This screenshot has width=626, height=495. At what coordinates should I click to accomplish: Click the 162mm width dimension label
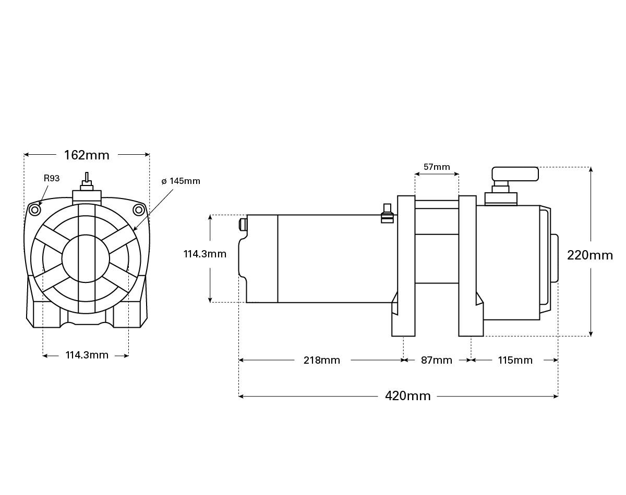[87, 155]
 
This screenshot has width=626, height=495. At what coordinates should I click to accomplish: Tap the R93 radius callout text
[52, 178]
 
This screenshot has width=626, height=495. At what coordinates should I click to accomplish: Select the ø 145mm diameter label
[180, 181]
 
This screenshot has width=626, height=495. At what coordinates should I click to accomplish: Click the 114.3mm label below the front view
[87, 355]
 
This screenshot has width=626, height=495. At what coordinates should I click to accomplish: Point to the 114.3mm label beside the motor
[204, 254]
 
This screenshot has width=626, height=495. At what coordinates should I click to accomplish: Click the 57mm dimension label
[437, 167]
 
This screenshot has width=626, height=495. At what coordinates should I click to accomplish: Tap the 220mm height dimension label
[590, 255]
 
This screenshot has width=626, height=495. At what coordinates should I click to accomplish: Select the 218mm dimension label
[322, 360]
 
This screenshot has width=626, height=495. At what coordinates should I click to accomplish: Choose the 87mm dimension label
[437, 360]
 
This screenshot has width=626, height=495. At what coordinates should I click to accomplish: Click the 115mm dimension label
[515, 360]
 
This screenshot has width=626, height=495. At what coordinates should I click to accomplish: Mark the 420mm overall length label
[408, 396]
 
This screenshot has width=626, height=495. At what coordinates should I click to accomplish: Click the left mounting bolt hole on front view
[35, 210]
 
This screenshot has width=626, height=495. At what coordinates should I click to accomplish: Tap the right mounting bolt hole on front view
[138, 210]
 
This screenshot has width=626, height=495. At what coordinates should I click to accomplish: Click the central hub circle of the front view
[86, 259]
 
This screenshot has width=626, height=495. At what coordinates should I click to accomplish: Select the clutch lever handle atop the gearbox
[515, 174]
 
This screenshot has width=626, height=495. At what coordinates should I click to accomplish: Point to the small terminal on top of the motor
[387, 214]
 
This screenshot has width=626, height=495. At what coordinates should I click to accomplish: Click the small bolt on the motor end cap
[242, 225]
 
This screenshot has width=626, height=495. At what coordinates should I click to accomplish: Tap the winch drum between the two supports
[437, 258]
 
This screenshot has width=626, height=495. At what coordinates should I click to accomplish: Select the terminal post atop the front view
[87, 183]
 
